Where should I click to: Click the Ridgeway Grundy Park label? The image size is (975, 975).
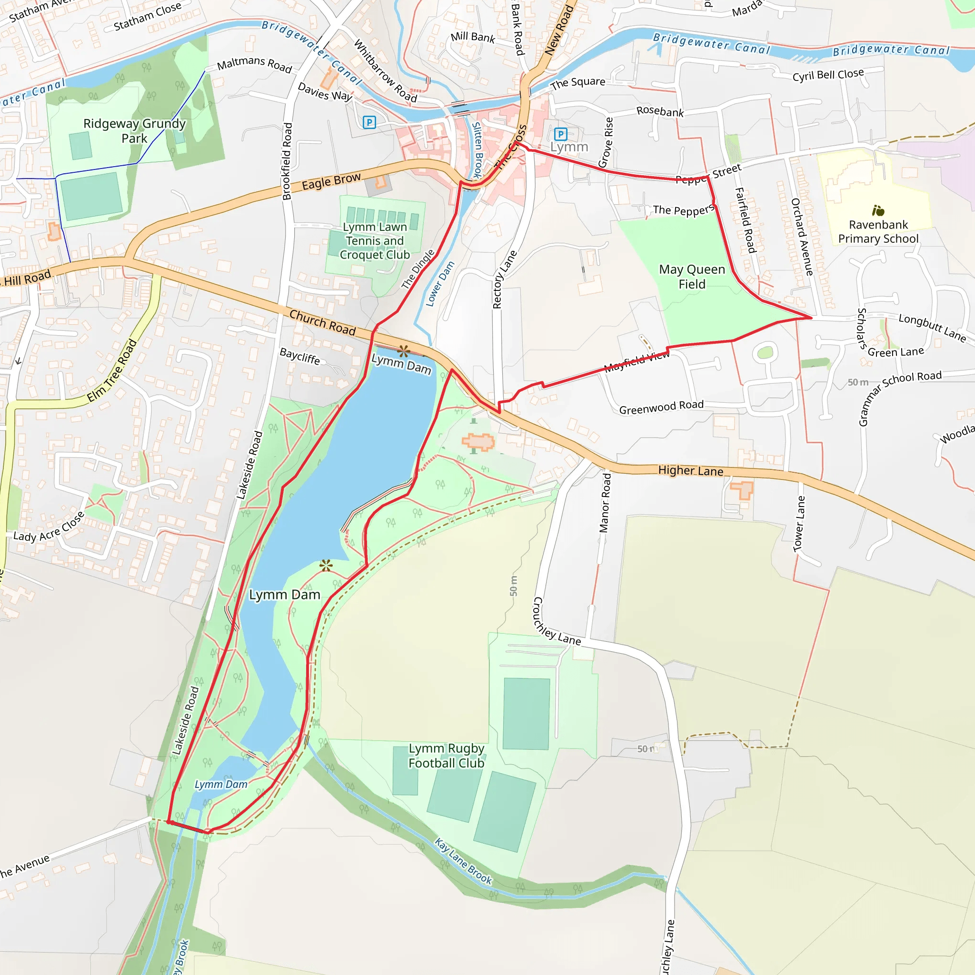[x=134, y=131]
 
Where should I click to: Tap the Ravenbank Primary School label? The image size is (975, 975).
[x=878, y=232]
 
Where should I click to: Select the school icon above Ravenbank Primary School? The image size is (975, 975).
[x=878, y=210]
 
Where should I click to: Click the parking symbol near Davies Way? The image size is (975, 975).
[x=369, y=122]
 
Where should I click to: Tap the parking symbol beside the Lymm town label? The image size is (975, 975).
[x=560, y=134]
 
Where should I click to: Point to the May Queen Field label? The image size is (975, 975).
[x=692, y=277]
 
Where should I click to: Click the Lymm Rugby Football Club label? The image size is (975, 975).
[x=446, y=756]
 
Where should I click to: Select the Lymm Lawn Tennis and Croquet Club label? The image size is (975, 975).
[x=375, y=241]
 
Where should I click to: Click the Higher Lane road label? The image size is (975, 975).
[x=690, y=470]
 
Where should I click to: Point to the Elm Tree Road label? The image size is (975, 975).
[x=112, y=370]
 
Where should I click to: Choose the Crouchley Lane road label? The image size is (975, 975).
[x=555, y=622]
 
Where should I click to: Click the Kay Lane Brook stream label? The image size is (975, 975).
[x=463, y=861]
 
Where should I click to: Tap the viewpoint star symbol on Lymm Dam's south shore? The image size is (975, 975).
[x=326, y=566]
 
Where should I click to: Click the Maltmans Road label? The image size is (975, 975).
[x=254, y=64]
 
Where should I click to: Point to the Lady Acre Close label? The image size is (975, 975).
[x=49, y=528]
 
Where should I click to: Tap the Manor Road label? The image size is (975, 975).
[x=605, y=503]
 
